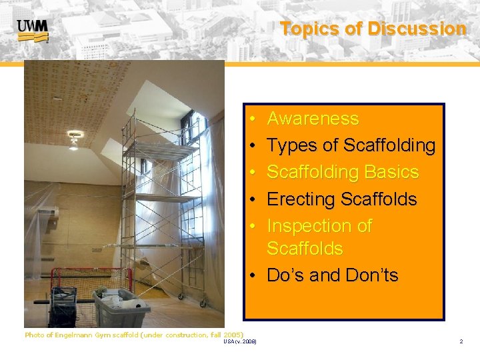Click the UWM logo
pos(32,31)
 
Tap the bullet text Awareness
pos(313,119)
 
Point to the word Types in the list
pos(291,145)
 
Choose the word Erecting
pos(301,199)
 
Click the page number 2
pos(461,341)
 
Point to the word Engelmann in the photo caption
pos(79,335)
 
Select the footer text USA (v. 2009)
pos(241,342)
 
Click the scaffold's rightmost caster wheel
pos(201,305)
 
